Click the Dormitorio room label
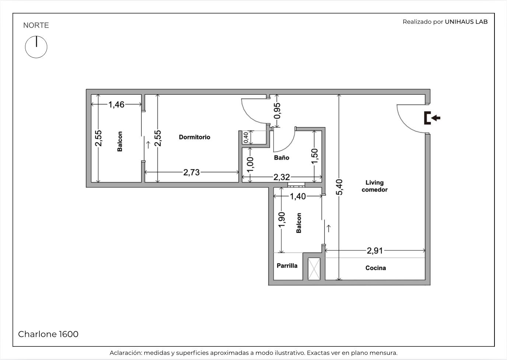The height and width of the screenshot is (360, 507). click(195, 137)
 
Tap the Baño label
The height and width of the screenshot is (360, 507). click(282, 158)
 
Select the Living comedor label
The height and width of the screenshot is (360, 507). click(375, 186)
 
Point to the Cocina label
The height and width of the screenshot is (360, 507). click(375, 268)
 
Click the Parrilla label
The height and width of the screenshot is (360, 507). click(287, 266)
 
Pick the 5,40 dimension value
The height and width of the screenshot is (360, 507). click(339, 187)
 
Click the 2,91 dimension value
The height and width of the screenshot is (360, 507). click(375, 251)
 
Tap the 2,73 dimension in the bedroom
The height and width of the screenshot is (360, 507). click(192, 172)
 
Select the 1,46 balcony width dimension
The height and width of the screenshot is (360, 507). click(116, 104)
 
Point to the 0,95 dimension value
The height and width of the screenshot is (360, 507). click(277, 111)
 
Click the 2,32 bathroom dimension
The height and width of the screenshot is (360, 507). click(282, 177)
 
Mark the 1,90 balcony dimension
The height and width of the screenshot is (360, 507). click(282, 220)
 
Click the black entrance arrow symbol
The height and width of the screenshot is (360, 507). click(432, 118)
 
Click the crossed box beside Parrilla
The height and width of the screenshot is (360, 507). click(314, 269)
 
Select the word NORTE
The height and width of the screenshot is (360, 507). click(36, 25)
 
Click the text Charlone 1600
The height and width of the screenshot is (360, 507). click(48, 334)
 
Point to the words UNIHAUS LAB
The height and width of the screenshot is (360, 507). click(466, 22)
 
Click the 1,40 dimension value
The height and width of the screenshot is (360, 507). click(298, 196)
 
